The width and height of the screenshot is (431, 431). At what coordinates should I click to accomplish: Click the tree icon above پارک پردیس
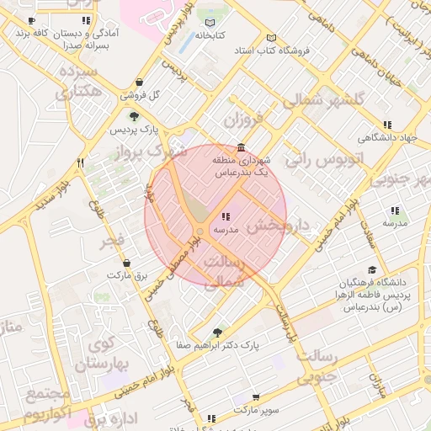tap(133, 116)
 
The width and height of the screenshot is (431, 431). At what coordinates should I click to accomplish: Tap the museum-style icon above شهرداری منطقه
tap(242, 146)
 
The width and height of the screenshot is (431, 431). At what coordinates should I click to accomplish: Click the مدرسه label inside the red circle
tap(226, 229)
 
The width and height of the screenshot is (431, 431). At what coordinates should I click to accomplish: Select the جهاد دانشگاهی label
tap(387, 137)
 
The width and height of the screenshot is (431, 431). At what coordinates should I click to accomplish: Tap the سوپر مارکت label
tap(255, 411)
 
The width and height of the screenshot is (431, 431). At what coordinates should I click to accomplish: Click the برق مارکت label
tap(126, 274)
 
